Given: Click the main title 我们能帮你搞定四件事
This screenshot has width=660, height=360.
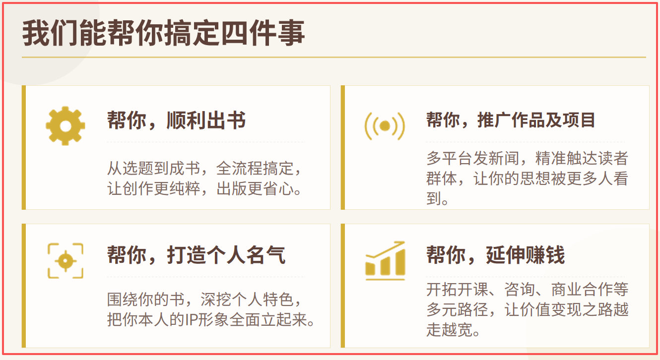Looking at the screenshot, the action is (164, 33).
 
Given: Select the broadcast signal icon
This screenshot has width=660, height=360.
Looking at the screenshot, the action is (385, 126).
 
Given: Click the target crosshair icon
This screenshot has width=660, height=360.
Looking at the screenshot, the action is (66, 261).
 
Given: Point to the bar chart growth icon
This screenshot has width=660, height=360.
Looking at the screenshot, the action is (386, 261).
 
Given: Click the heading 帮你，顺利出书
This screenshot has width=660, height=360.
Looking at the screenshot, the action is (176, 120).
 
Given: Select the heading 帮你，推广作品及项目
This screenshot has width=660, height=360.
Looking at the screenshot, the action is (511, 120).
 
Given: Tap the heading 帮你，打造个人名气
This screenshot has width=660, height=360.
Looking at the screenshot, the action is (196, 255).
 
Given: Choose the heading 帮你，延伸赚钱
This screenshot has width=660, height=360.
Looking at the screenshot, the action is (496, 255).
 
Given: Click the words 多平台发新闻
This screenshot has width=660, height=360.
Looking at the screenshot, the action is (473, 158).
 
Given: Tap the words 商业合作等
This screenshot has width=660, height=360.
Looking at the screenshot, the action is (590, 290).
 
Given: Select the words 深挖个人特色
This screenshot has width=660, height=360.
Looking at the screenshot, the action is (247, 300).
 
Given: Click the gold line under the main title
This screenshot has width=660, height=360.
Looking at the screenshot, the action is (334, 57).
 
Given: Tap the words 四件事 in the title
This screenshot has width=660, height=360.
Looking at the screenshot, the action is (263, 33).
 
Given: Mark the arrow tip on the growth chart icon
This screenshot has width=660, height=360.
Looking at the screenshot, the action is (404, 242).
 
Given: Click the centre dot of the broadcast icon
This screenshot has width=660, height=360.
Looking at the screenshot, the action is (385, 126).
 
